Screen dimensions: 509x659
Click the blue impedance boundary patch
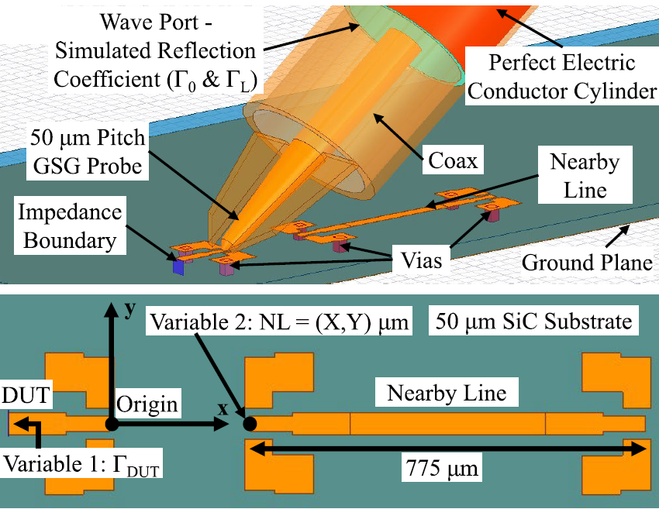pos(179,267)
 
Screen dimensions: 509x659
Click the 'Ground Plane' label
pos(586,262)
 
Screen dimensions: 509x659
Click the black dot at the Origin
pos(112,424)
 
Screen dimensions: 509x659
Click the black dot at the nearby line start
pos(250,424)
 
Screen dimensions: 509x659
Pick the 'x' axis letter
pos(223,408)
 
